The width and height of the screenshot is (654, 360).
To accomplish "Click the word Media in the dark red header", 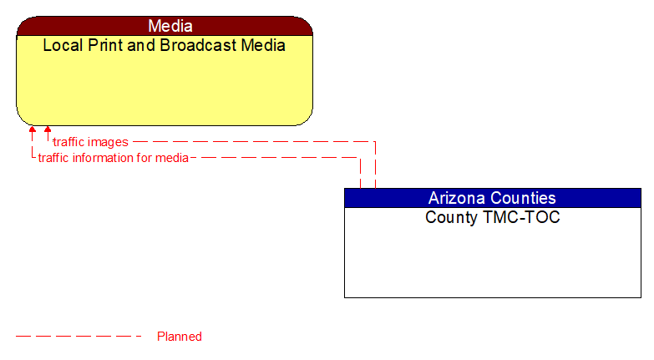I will [170, 26].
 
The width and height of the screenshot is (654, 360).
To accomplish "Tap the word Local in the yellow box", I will [62, 45].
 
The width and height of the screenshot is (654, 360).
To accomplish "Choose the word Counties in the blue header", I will [524, 198].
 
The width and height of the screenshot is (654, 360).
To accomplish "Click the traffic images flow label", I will [90, 142].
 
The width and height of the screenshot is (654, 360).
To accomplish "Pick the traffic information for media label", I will [113, 157].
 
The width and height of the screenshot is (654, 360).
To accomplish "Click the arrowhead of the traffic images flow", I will [48, 129].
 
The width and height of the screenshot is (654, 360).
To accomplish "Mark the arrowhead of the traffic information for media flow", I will [33, 129].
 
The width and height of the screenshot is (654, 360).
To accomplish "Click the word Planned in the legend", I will [180, 337].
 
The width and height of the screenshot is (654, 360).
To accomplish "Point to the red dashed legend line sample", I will [79, 337].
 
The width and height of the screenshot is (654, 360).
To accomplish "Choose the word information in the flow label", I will [105, 157].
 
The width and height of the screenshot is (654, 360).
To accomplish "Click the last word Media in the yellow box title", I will [263, 45].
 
